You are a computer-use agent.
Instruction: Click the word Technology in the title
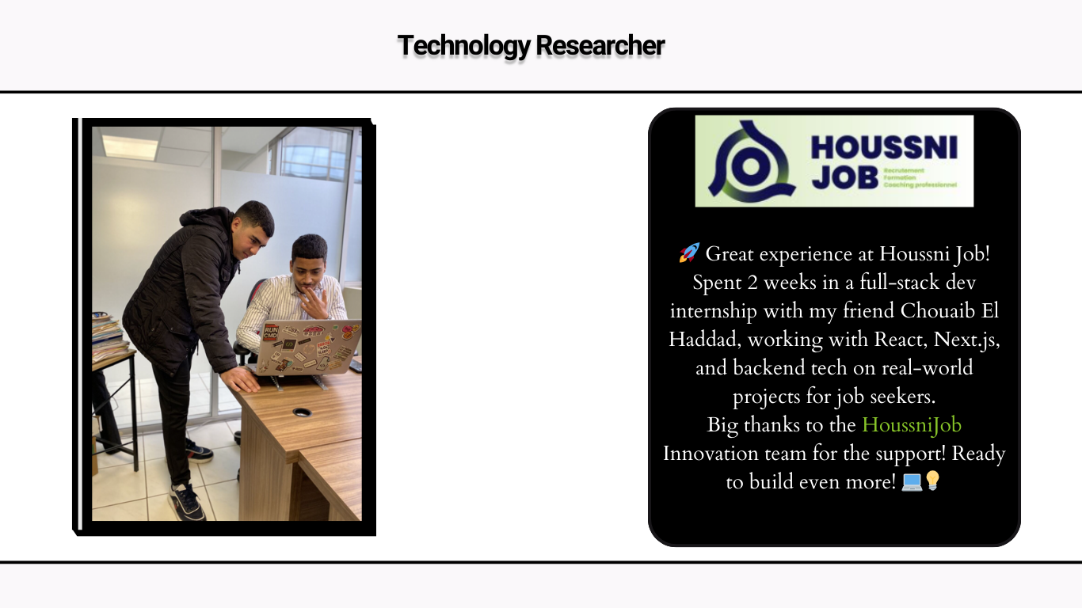point(463,46)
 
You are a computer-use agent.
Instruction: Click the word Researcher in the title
point(600,46)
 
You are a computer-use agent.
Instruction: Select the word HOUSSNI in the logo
point(884,148)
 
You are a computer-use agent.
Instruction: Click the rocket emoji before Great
point(688,253)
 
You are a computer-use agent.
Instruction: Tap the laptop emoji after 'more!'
point(912,481)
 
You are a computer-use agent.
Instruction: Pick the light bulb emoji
point(932,481)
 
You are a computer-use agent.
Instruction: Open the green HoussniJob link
point(912,425)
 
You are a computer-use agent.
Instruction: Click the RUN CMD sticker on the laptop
point(271,332)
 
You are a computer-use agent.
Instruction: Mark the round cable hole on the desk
point(301,412)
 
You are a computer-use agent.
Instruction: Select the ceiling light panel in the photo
point(130,146)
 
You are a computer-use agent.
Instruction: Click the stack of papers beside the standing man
point(109,336)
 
